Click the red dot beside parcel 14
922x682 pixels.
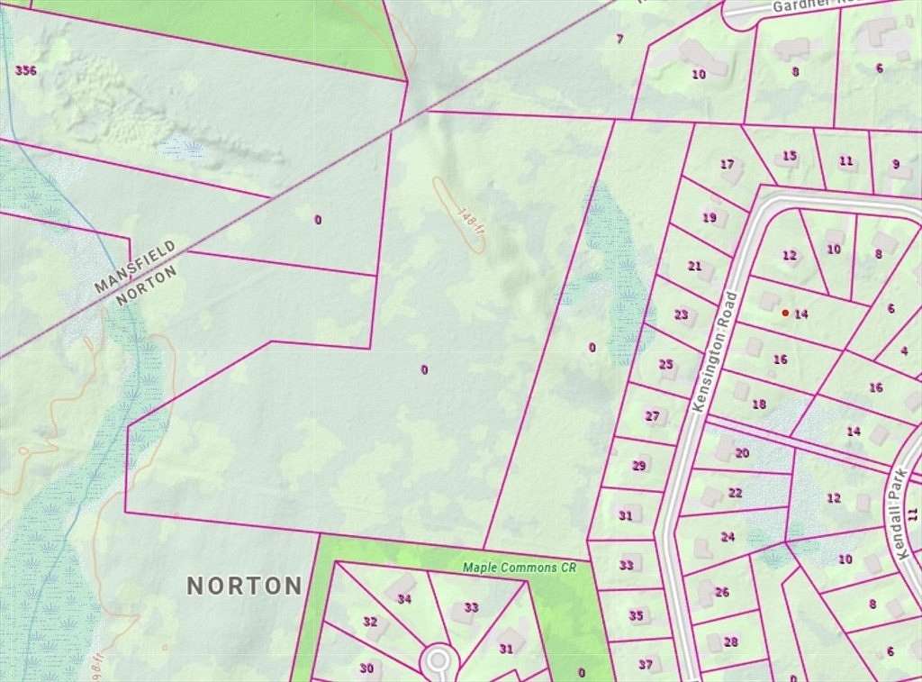(x=785, y=313)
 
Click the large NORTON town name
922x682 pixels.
(x=244, y=586)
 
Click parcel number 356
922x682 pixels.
(x=26, y=69)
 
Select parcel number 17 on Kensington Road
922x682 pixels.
(x=728, y=165)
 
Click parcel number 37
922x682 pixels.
(x=646, y=665)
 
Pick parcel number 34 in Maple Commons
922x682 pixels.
(x=404, y=599)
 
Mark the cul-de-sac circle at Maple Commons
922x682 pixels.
(x=438, y=660)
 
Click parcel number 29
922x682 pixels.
(x=639, y=466)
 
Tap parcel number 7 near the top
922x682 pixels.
(x=619, y=39)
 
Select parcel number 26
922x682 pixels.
(x=721, y=593)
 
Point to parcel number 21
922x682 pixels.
(x=694, y=266)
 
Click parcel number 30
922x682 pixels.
(x=366, y=668)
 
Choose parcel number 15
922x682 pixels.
(x=790, y=156)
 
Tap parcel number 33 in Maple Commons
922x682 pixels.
(x=471, y=607)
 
